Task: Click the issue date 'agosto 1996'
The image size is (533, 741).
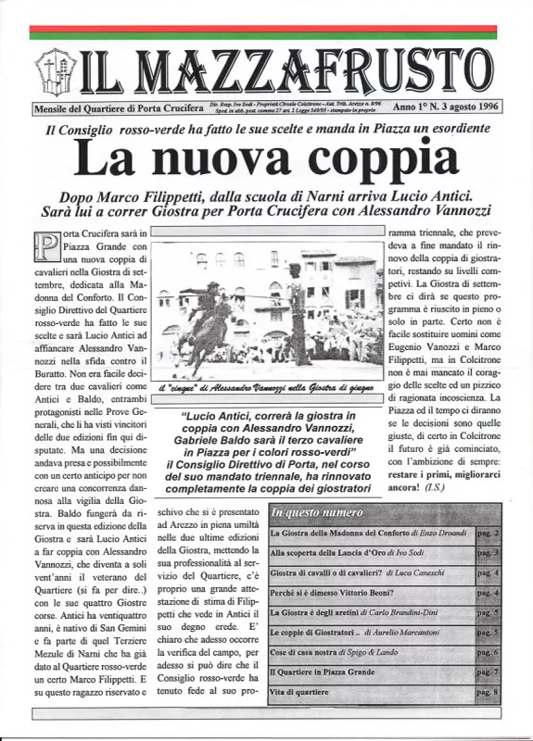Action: point(473,107)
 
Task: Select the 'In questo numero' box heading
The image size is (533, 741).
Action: point(317,511)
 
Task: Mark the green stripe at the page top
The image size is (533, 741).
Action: point(266,37)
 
